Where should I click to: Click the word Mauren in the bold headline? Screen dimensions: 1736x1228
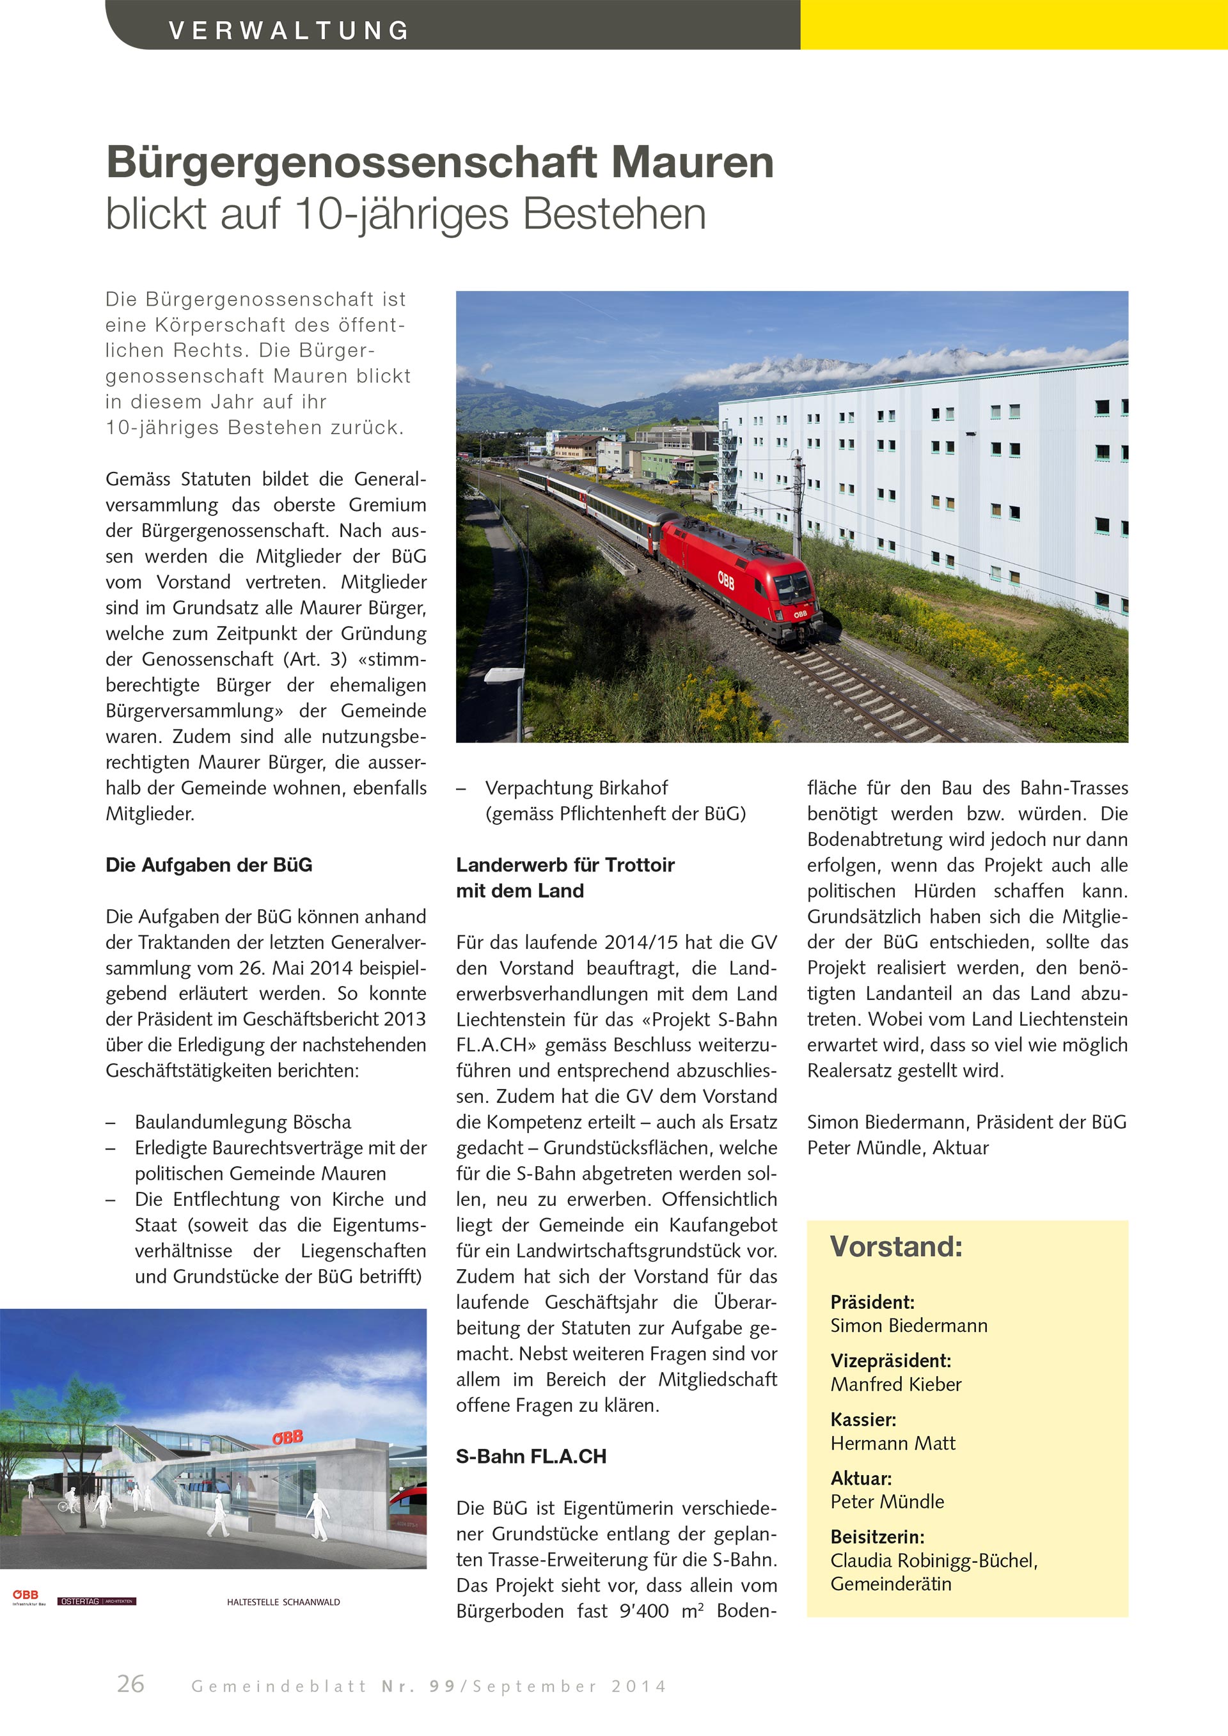point(692,162)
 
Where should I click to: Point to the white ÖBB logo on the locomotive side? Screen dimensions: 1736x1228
point(726,580)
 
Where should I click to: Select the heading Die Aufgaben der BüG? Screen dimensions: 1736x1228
point(209,865)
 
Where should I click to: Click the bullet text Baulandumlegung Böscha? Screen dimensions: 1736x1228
point(243,1122)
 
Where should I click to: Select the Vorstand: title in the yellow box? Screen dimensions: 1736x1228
point(896,1247)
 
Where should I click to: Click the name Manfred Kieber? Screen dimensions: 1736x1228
point(896,1384)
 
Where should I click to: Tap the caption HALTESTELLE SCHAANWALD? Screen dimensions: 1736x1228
point(283,1602)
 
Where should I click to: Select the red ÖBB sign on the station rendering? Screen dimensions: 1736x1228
point(287,1437)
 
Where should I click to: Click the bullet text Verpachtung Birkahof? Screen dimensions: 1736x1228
point(576,788)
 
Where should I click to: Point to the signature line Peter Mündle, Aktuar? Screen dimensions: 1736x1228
point(897,1148)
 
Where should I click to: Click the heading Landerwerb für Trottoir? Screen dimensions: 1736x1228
point(565,865)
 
